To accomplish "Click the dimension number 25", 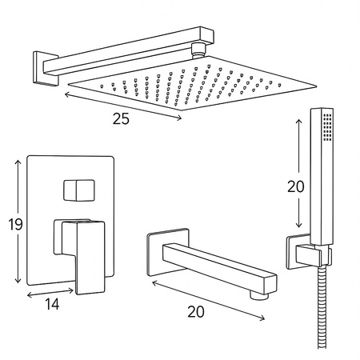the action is (121, 118).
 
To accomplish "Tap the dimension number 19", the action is (15, 224).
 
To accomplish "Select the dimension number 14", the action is (52, 304).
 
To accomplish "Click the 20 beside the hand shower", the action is (295, 186).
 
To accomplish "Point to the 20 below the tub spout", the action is (196, 311).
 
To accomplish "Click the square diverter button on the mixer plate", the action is (79, 190).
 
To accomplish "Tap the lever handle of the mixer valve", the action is (82, 256).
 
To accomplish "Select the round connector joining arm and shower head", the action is (198, 50).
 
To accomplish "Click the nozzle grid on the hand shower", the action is (327, 127).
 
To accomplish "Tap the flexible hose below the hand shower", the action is (322, 306).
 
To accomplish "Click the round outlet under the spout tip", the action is (258, 296).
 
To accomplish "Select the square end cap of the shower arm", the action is (206, 36).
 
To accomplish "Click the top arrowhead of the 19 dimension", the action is (18, 162).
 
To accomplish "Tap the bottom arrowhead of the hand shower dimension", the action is (299, 225).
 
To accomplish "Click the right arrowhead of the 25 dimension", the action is (179, 118).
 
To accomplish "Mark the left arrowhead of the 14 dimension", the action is (30, 295).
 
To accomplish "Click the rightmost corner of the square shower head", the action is (316, 86).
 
